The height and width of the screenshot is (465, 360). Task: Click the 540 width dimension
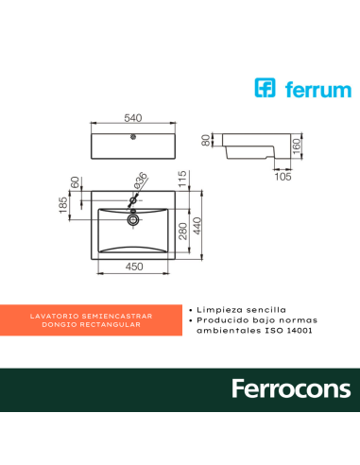coord(134,119)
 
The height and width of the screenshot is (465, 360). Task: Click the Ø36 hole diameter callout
coord(140,181)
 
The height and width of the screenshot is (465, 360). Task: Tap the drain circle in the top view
coord(134,218)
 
